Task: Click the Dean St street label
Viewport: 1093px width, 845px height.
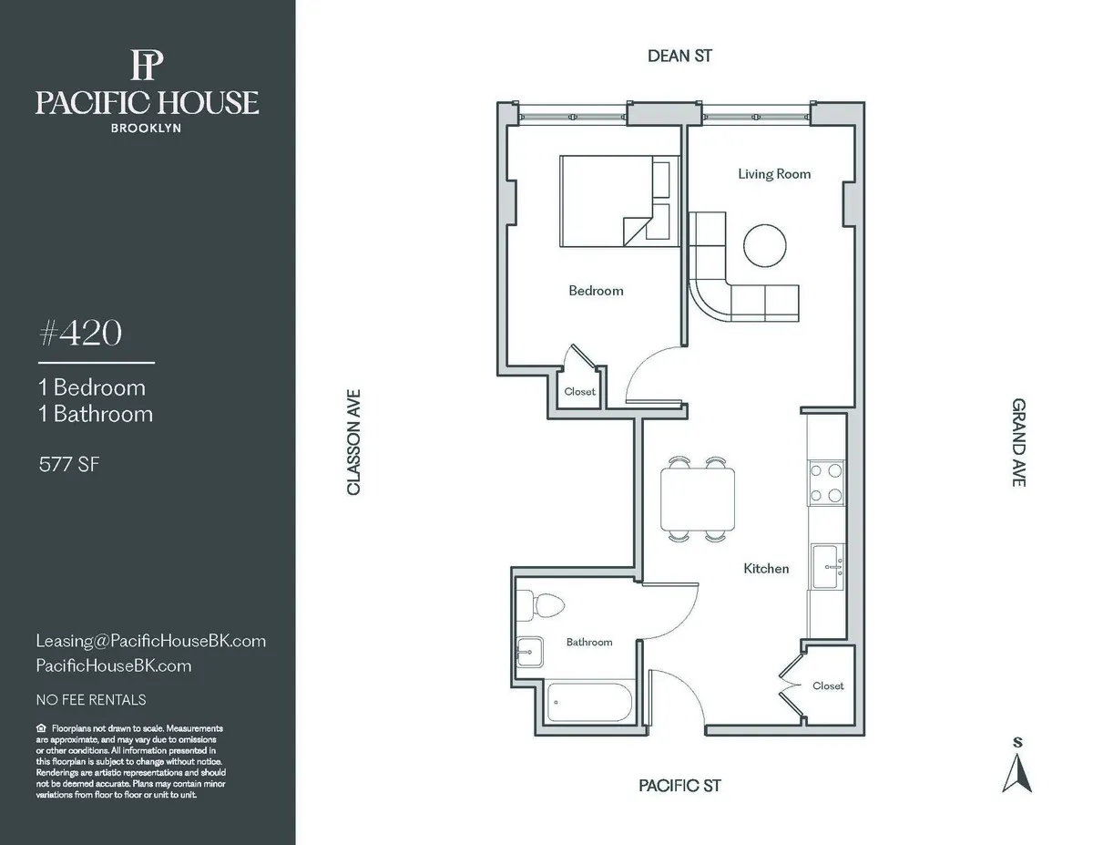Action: click(x=679, y=57)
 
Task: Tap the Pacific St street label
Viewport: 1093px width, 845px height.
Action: click(x=679, y=786)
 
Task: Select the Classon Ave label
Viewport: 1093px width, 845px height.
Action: click(x=354, y=443)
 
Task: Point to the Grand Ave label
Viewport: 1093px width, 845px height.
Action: click(x=1018, y=442)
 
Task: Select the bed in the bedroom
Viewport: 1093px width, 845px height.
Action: click(x=615, y=201)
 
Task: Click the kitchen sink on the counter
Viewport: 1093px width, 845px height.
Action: click(x=828, y=567)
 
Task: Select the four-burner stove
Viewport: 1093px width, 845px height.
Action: click(x=825, y=483)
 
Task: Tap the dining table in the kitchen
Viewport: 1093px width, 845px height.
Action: click(x=698, y=499)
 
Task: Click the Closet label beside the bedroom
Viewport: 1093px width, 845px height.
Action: click(x=579, y=392)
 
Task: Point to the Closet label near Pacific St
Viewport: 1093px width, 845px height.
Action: click(x=828, y=685)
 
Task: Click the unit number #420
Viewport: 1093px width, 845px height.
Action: click(x=79, y=335)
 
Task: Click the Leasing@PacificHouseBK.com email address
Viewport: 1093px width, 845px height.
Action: click(x=150, y=641)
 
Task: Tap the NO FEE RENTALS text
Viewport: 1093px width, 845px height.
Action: click(x=90, y=700)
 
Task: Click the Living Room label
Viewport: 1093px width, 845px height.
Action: click(x=774, y=174)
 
